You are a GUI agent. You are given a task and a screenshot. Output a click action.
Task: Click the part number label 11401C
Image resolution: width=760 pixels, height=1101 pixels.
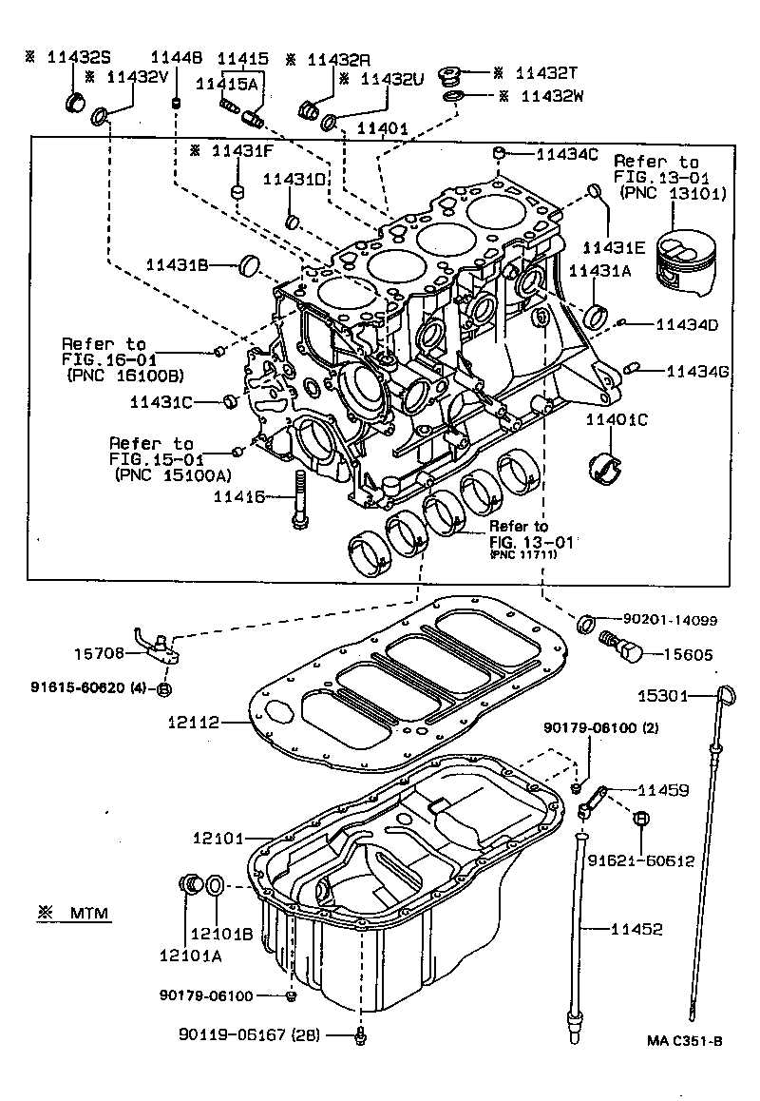point(616,419)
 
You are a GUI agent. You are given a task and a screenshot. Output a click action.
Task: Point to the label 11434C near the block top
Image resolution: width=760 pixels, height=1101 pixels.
point(567,153)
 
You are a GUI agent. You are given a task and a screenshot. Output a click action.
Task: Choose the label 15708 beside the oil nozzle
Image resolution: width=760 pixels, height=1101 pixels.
point(98,654)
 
